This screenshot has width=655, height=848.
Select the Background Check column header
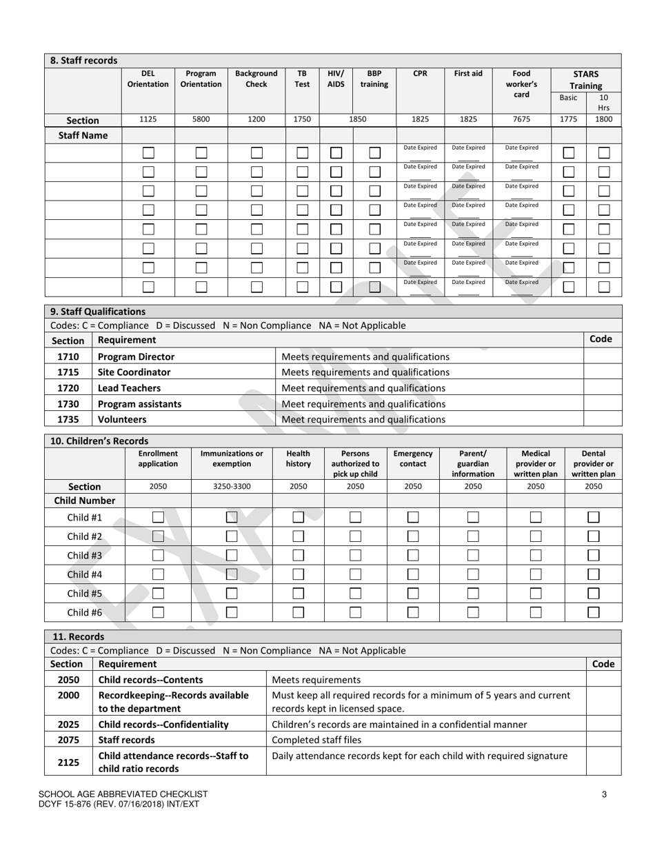(x=256, y=79)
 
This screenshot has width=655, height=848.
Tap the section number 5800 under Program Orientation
(x=201, y=119)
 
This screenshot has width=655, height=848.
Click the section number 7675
(x=522, y=119)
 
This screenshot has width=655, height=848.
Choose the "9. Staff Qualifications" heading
(x=98, y=311)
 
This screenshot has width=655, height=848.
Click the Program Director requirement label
(x=137, y=356)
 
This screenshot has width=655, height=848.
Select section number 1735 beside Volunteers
(x=68, y=419)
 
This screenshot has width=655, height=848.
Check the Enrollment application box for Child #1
(x=158, y=517)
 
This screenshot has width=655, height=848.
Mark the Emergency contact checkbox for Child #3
(x=413, y=555)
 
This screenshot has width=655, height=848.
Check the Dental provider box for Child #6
(x=593, y=612)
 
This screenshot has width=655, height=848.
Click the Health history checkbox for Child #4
(x=299, y=574)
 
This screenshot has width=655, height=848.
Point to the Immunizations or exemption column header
(x=232, y=458)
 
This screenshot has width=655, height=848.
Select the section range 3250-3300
(x=232, y=486)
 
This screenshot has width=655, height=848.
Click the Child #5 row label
(x=85, y=593)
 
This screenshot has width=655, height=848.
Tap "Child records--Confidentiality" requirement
(x=163, y=725)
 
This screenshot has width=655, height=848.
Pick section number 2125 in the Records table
(x=68, y=763)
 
